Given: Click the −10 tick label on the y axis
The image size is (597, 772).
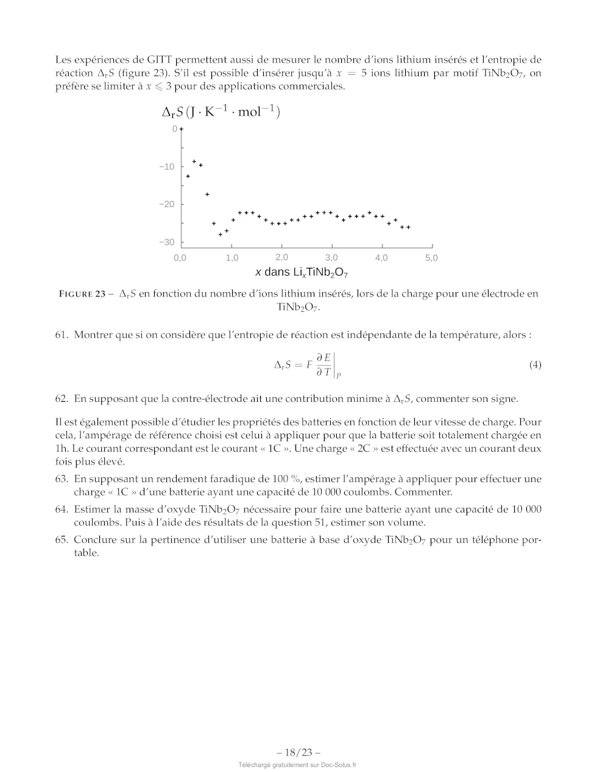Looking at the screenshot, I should pos(166,167).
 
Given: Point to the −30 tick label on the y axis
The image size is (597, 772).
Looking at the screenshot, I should pos(166,242).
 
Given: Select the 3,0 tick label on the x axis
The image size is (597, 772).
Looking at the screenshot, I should pos(331,258).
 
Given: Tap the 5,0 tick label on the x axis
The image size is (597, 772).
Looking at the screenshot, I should pos(431,258).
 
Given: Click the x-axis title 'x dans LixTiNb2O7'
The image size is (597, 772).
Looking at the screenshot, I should pos(302,273).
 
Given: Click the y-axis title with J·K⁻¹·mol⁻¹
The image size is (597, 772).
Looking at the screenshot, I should pos(221,112).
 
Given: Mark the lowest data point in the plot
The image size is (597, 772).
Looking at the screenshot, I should pos(221,234).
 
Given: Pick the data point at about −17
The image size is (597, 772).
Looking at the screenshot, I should pos(207,194).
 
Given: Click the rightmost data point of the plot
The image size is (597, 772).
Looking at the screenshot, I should pos(408,227).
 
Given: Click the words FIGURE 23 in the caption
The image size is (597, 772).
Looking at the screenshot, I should pos(82,294).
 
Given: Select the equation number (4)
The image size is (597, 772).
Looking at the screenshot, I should pos(535,365).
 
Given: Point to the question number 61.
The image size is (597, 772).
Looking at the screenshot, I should pos(61,335).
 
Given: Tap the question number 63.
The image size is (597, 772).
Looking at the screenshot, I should pos(61,479).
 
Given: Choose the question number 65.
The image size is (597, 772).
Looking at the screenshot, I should pos(61,539).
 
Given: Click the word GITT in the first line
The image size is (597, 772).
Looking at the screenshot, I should pos(160,60).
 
